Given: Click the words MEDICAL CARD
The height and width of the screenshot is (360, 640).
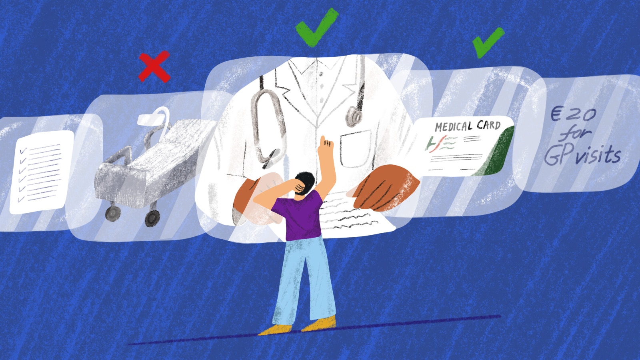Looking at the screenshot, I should point(468,126).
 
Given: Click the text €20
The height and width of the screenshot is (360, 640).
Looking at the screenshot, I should point(573,114).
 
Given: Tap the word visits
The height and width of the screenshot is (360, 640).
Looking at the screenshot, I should point(598,155).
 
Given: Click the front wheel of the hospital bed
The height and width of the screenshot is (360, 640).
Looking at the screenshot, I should point(152,218).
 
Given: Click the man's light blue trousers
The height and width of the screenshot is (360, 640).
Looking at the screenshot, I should point(304,276).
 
